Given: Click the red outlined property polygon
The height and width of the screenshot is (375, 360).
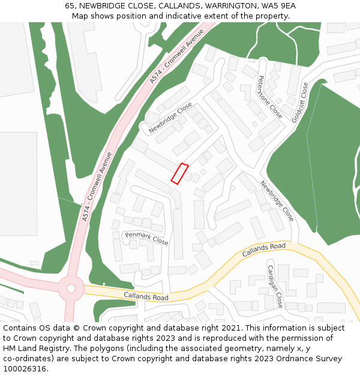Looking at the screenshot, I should coord(180,173).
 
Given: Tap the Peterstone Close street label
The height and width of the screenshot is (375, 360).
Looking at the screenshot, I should coord(269,97).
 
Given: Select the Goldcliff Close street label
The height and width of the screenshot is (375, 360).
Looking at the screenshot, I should coord(300,103).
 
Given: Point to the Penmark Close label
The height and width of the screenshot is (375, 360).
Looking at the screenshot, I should coord(146,238).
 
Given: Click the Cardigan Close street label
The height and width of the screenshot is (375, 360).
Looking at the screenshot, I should coord(275,286).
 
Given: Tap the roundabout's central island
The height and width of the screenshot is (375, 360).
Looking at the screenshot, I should coord(71,289).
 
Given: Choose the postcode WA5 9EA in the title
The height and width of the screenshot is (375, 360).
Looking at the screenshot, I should coord(279,6).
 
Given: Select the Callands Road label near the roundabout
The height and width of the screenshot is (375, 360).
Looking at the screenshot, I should coord(146,296).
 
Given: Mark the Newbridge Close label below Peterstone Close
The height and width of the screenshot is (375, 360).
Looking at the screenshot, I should coord(277,201).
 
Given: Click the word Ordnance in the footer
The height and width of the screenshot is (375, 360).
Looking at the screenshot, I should coord(309,359).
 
